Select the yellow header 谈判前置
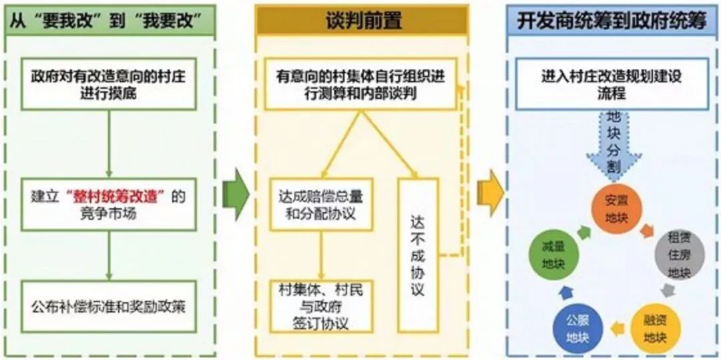click(362, 20)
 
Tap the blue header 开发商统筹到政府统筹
click(612, 20)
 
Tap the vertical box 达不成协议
click(418, 254)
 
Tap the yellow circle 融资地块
click(655, 328)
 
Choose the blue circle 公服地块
click(578, 328)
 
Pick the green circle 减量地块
click(549, 254)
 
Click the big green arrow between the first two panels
click(236, 194)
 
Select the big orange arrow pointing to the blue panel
click(489, 194)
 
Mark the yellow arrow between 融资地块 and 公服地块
click(617, 328)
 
